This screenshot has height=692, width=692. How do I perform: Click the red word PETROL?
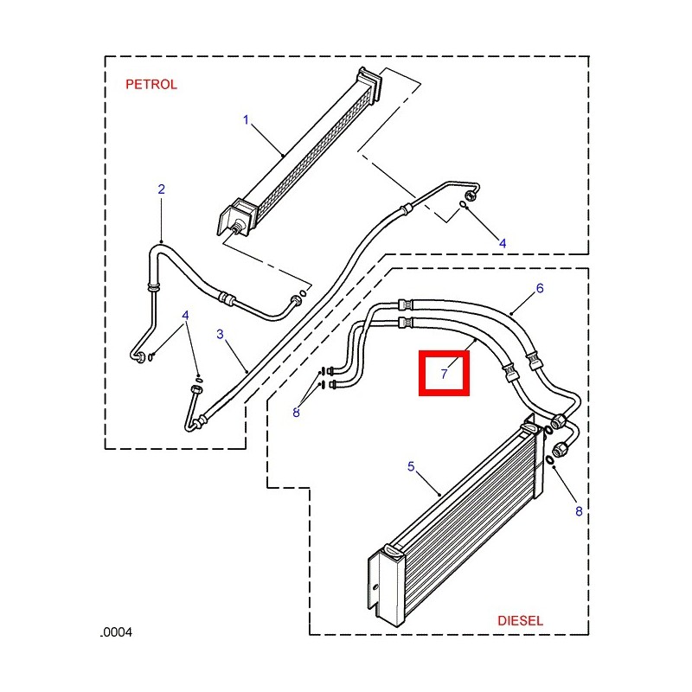[x=151, y=85]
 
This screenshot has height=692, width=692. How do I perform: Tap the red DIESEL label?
[x=521, y=620]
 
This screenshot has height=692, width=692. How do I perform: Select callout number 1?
[x=246, y=119]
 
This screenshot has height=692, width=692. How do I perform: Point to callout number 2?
[x=161, y=189]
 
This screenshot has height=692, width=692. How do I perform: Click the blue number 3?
[x=220, y=334]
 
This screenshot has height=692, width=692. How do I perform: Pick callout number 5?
[x=411, y=467]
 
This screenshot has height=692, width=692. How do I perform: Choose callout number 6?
[x=540, y=288]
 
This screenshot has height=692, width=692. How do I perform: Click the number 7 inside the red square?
[x=444, y=375]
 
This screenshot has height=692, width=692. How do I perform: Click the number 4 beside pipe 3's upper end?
[x=503, y=244]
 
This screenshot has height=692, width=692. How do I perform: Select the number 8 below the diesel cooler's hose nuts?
[x=579, y=512]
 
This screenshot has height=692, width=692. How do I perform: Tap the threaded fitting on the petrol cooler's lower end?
[x=234, y=227]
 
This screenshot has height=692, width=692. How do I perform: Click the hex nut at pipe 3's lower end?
[x=202, y=421]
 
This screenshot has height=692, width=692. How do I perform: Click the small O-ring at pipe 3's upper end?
[x=464, y=205]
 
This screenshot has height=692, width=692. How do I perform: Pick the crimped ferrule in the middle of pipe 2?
[x=227, y=298]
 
